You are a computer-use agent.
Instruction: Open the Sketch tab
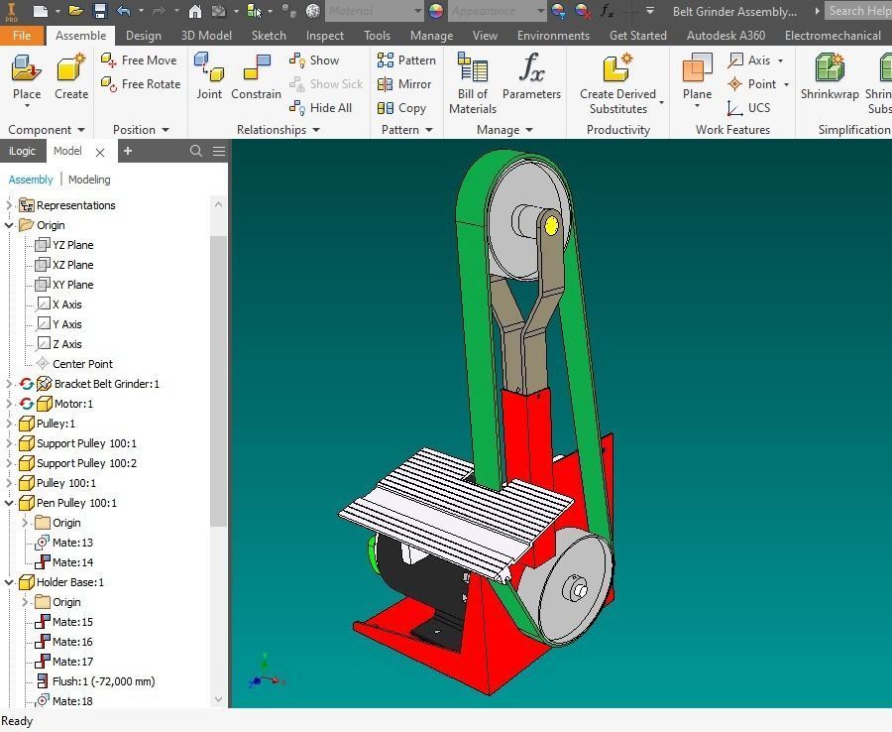click(x=269, y=35)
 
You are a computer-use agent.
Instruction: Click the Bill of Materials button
click(x=473, y=81)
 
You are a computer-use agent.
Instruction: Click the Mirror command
click(x=404, y=84)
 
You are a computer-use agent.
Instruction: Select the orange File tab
click(x=22, y=35)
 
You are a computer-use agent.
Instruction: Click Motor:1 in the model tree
click(x=73, y=404)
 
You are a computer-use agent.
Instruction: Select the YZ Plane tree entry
click(x=72, y=245)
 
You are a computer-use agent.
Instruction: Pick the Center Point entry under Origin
click(x=82, y=364)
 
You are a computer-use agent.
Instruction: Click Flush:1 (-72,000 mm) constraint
click(x=103, y=681)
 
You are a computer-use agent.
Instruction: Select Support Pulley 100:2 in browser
click(x=86, y=463)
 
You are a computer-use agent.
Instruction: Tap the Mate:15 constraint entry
click(x=72, y=622)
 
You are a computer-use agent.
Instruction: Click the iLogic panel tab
click(x=22, y=151)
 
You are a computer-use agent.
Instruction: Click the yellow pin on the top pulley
click(x=551, y=226)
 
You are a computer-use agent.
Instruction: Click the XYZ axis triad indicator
click(x=266, y=674)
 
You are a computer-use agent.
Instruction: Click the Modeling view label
click(x=89, y=180)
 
